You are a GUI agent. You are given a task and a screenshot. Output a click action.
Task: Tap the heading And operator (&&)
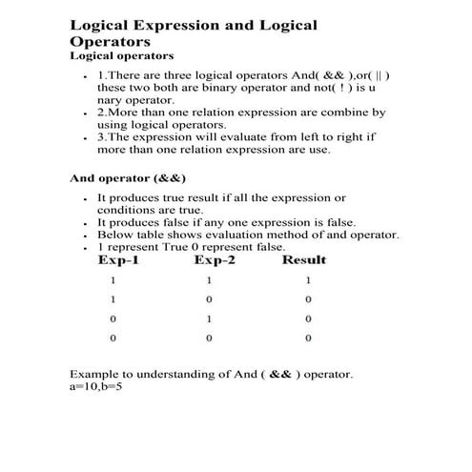128,177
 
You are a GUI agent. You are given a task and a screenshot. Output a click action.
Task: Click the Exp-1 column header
120,259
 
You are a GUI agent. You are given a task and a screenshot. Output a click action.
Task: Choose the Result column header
304,259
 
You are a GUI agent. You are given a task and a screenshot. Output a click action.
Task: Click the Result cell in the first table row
308,280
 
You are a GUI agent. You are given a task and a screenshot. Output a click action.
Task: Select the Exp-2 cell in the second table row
209,299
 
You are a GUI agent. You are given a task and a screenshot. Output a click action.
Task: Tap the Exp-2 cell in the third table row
209,318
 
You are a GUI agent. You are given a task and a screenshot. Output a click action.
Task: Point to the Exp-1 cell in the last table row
113,338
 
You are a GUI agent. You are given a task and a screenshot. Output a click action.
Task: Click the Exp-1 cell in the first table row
113,280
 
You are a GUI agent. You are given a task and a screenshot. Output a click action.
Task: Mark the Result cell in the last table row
308,338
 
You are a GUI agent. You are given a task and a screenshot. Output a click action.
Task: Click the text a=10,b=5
96,388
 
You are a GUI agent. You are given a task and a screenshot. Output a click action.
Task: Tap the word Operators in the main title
111,42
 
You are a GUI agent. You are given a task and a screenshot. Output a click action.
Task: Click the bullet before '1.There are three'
86,75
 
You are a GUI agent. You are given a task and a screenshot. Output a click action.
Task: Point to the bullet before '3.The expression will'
86,137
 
